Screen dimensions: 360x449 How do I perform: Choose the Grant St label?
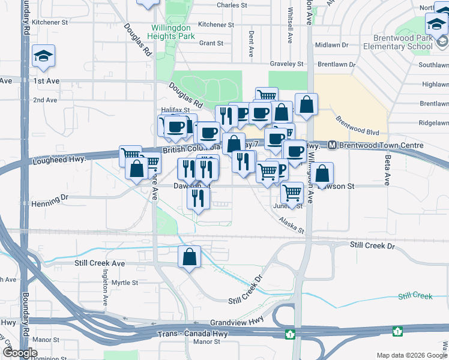[211, 43]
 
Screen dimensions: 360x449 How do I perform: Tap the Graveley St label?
[286, 64]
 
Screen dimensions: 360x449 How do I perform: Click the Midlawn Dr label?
[327, 45]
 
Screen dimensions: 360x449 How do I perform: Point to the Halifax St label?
[175, 110]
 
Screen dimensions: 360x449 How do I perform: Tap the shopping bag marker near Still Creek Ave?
[190, 257]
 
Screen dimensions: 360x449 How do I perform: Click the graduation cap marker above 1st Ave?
[43, 56]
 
